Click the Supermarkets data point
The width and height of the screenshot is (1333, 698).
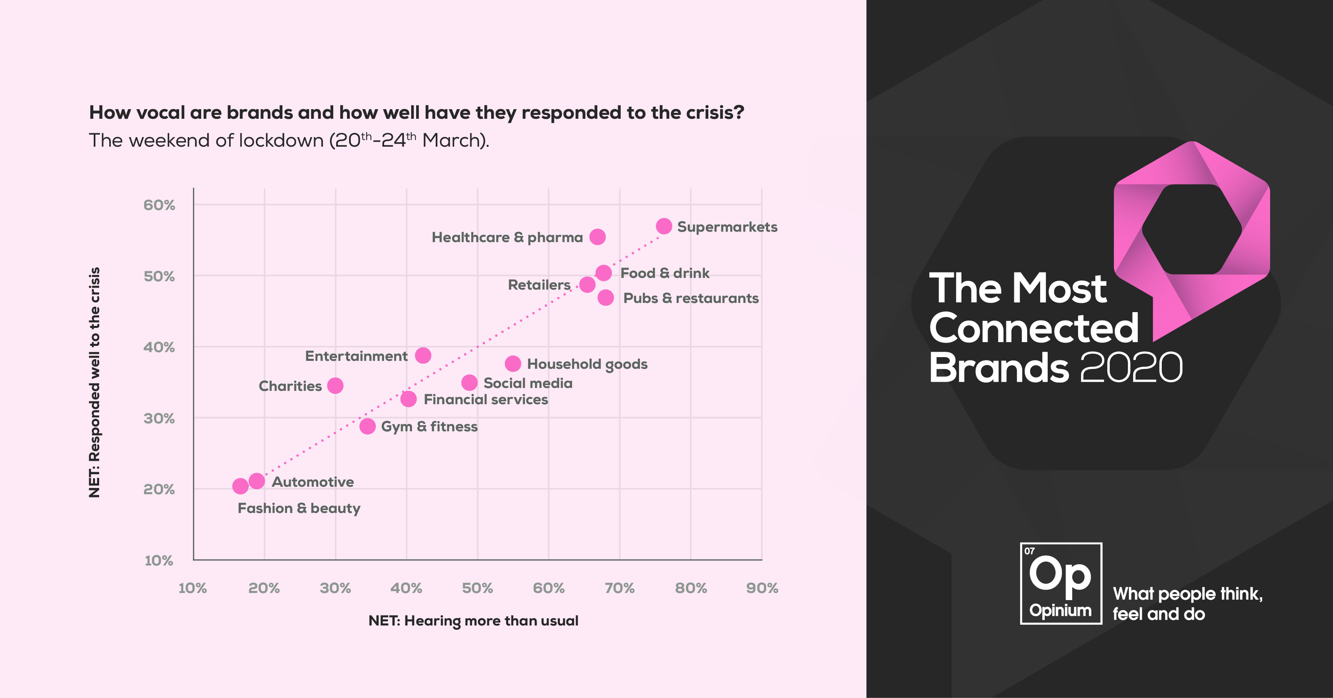664,226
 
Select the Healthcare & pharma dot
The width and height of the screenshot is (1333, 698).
597,237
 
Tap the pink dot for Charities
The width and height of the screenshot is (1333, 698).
335,386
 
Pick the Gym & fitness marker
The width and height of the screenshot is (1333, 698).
367,426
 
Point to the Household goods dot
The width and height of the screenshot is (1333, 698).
513,363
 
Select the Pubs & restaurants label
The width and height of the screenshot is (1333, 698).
691,298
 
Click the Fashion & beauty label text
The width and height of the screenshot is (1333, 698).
299,508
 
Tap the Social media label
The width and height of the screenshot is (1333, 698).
528,383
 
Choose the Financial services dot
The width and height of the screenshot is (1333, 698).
408,399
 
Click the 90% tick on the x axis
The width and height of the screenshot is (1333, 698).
762,588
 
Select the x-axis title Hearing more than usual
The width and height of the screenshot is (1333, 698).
473,621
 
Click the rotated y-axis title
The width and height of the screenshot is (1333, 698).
94,382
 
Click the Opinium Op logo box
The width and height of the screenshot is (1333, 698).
1061,583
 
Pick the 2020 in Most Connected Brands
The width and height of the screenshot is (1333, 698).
1131,368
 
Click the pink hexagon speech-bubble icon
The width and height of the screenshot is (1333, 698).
1192,233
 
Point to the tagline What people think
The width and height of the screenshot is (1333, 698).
1188,594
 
